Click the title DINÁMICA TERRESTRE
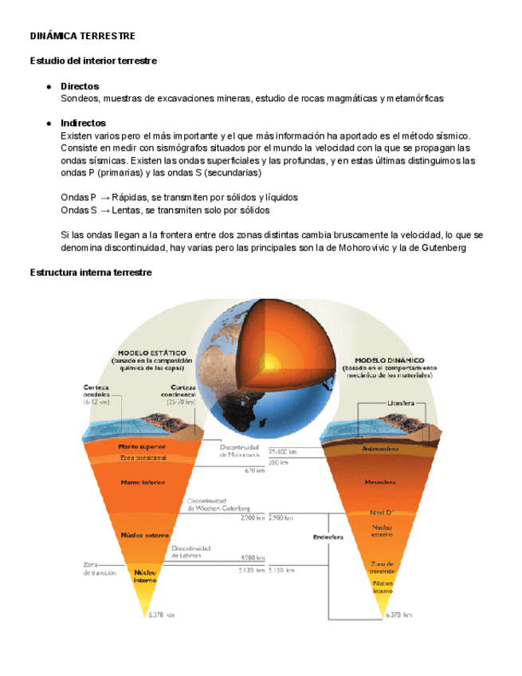coord(82,37)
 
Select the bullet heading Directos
coord(80,85)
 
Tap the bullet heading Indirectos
coord(83,123)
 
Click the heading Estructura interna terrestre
coord(90,273)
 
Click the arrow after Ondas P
coord(104,197)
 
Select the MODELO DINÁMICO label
coord(389,360)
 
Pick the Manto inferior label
coord(141,482)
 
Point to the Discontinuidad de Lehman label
coord(190,552)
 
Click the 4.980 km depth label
coord(253,557)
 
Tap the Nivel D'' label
coord(383,512)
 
